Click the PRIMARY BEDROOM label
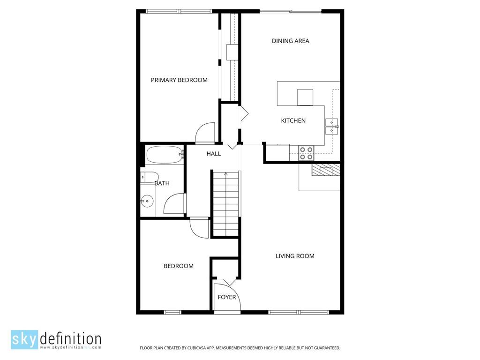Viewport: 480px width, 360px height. pyautogui.click(x=179, y=80)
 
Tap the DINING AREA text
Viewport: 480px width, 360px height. pyautogui.click(x=291, y=41)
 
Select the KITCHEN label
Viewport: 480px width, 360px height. pyautogui.click(x=293, y=120)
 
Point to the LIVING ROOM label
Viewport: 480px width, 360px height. pyautogui.click(x=295, y=256)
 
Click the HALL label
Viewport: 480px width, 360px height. pyautogui.click(x=214, y=154)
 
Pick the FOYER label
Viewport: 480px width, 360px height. pyautogui.click(x=227, y=297)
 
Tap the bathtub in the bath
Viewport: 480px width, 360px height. pyautogui.click(x=165, y=155)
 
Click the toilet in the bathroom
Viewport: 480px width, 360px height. pyautogui.click(x=150, y=177)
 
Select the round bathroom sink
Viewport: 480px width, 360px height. pyautogui.click(x=147, y=201)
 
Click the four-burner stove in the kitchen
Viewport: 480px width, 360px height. pyautogui.click(x=306, y=153)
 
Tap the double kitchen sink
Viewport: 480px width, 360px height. pyautogui.click(x=331, y=127)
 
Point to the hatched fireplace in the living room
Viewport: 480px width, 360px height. pyautogui.click(x=326, y=170)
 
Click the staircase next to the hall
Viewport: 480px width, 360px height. pyautogui.click(x=226, y=203)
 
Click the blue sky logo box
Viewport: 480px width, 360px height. pyautogui.click(x=24, y=339)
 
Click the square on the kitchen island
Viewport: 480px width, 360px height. pyautogui.click(x=305, y=97)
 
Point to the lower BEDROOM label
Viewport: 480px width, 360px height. pyautogui.click(x=179, y=266)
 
